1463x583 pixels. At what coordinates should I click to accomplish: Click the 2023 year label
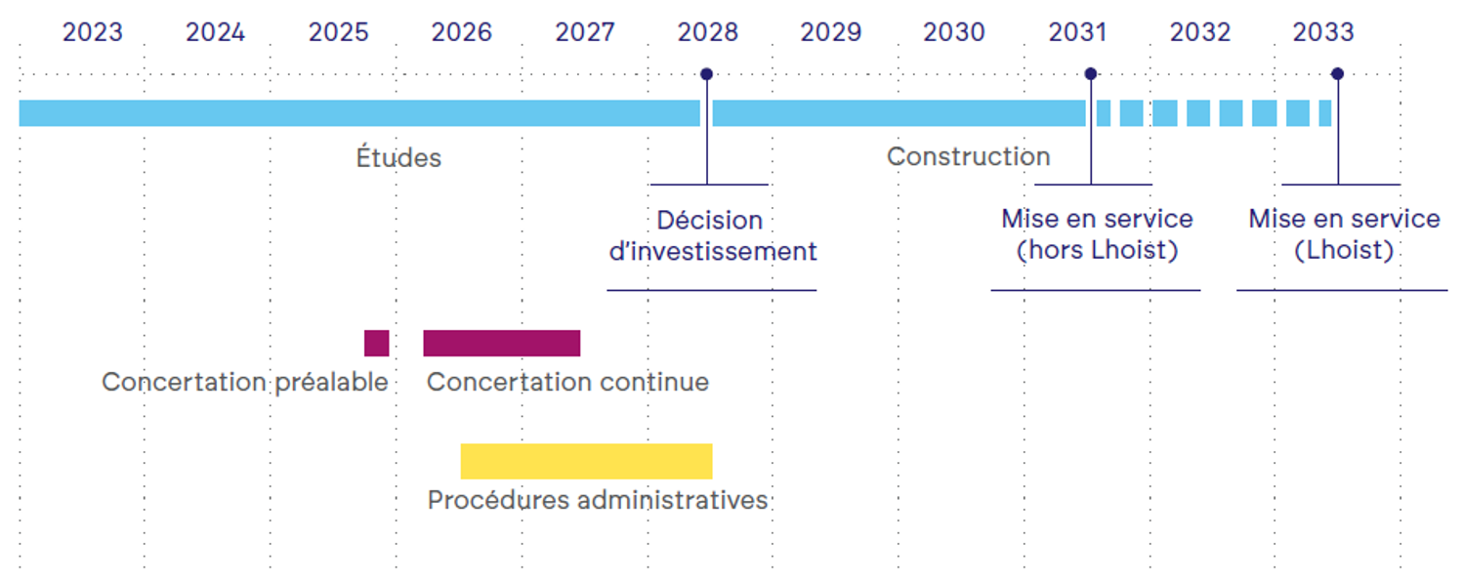click(x=92, y=32)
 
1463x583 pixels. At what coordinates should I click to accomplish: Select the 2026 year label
click(x=461, y=32)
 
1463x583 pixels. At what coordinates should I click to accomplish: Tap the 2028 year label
click(x=707, y=32)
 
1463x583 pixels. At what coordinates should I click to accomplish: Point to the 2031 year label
click(x=1077, y=32)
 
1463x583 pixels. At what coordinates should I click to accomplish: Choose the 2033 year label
click(x=1323, y=32)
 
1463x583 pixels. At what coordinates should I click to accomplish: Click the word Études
click(x=398, y=157)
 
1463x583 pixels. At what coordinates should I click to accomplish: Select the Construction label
click(x=968, y=156)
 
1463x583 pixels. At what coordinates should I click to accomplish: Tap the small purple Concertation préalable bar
click(x=377, y=344)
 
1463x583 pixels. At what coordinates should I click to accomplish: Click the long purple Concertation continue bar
click(x=502, y=344)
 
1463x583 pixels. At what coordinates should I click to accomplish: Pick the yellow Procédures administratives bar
click(x=587, y=462)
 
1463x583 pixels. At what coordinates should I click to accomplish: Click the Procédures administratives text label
click(x=598, y=500)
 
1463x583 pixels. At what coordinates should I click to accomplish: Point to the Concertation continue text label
click(x=567, y=382)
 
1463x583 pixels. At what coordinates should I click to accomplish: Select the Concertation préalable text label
click(x=245, y=383)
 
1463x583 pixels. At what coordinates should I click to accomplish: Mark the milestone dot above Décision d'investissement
click(x=706, y=74)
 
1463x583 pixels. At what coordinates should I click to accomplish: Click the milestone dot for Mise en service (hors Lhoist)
click(x=1091, y=74)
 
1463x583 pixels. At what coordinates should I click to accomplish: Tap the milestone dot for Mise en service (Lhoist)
click(x=1338, y=74)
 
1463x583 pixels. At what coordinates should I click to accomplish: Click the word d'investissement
click(x=713, y=251)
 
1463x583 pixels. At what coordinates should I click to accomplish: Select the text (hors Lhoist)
click(x=1098, y=250)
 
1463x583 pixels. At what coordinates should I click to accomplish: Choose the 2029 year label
click(x=831, y=32)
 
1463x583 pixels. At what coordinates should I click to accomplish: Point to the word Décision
click(x=709, y=221)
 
